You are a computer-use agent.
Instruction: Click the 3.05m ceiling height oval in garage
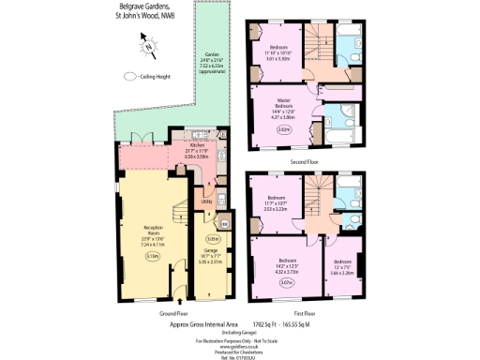pyautogui.click(x=213, y=239)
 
